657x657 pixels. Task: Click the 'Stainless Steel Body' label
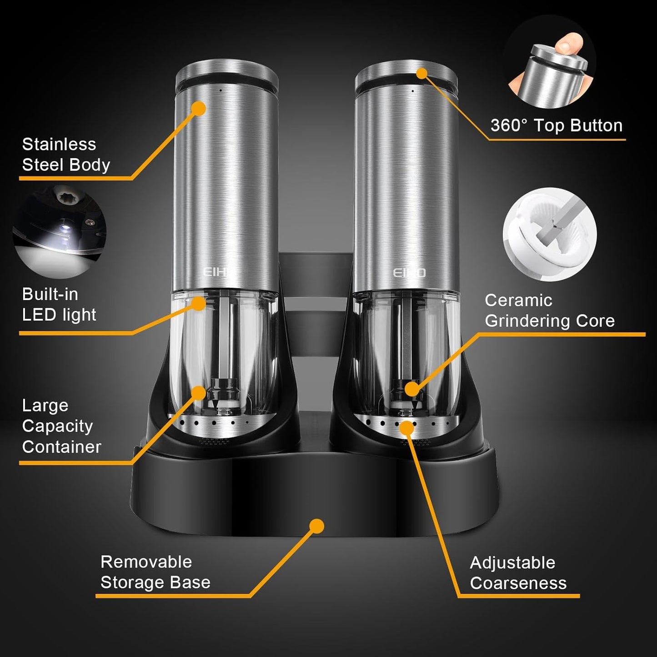[x=66, y=155]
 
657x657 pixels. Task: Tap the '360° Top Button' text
[x=556, y=125]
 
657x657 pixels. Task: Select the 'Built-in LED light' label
[x=59, y=304]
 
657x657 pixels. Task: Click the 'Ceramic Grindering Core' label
[x=549, y=311]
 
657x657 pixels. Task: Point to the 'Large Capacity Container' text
[x=61, y=426]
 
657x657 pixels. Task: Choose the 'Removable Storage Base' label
[x=155, y=572]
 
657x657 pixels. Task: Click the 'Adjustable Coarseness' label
[x=518, y=573]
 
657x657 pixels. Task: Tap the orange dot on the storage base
[x=316, y=526]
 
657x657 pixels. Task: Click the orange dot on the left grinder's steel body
[x=198, y=109]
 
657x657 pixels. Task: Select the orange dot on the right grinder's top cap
[x=422, y=73]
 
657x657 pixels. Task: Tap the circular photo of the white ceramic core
[x=549, y=234]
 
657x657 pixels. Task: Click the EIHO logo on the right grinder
[x=409, y=272]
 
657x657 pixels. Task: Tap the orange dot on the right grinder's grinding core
[x=411, y=389]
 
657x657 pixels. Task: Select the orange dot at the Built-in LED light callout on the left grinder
[x=198, y=303]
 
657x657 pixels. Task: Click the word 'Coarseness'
[x=518, y=583]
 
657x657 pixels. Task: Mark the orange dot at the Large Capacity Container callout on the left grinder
[x=198, y=392]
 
